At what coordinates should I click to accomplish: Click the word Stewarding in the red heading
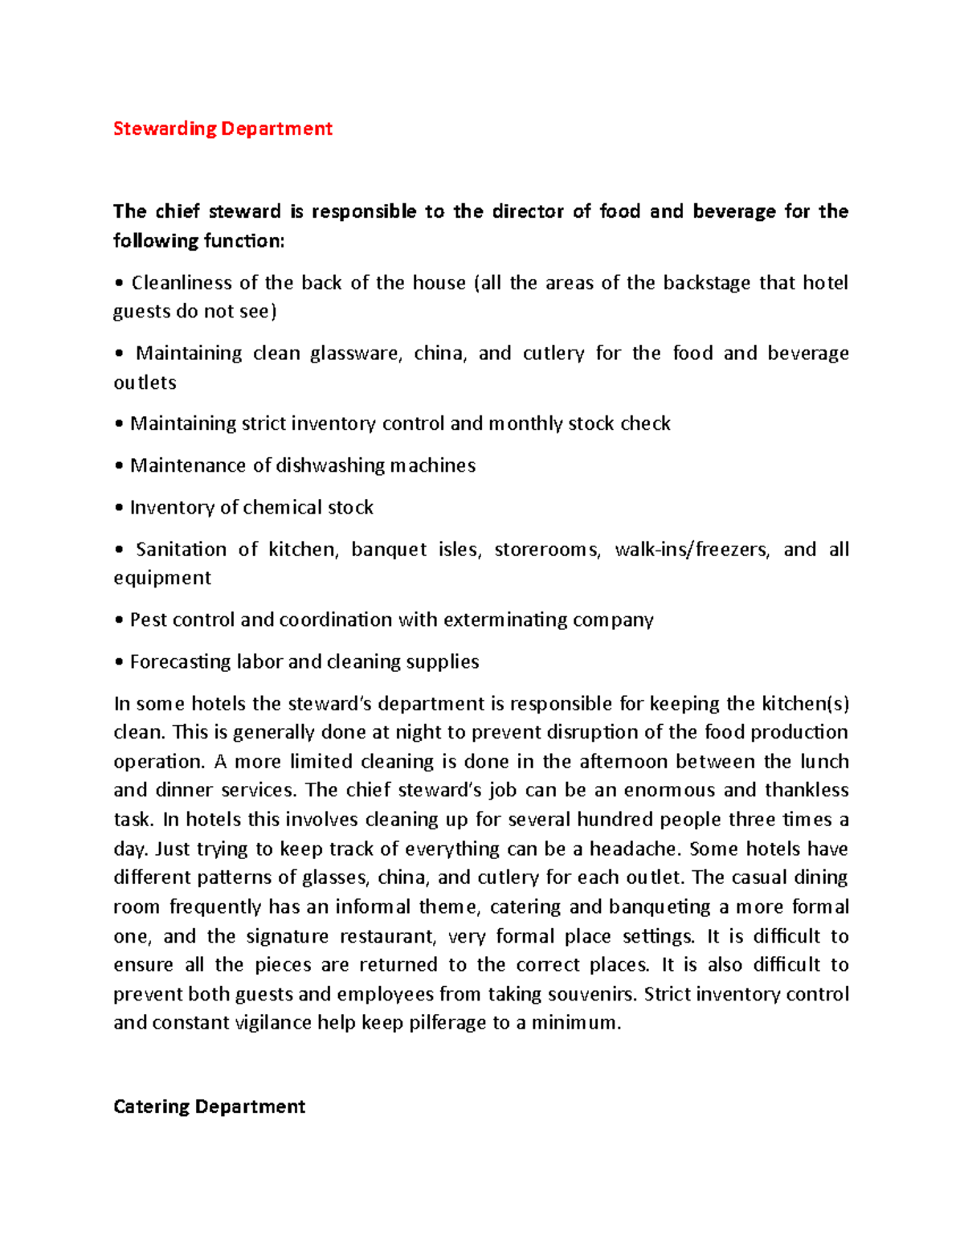(x=165, y=129)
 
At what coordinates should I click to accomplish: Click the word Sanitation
(x=181, y=550)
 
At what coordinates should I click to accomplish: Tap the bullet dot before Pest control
(x=119, y=620)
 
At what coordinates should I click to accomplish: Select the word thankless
(x=807, y=790)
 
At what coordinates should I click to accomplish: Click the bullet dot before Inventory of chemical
(x=119, y=508)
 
